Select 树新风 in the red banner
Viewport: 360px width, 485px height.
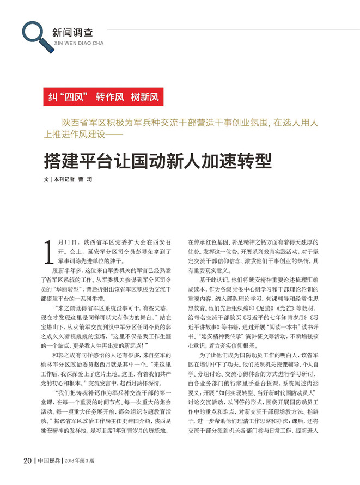[x=144, y=98]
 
